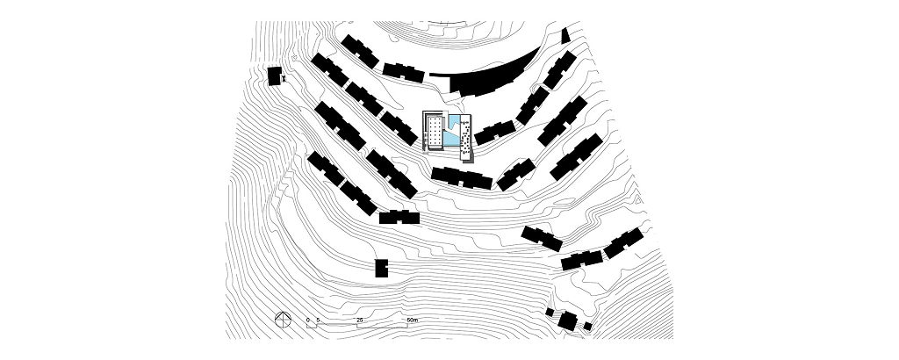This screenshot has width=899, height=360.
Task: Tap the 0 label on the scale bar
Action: click(x=307, y=320)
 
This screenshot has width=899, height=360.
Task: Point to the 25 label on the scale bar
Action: click(x=360, y=320)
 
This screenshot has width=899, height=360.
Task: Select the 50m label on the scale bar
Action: click(x=413, y=320)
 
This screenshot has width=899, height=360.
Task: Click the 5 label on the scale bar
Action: click(x=318, y=320)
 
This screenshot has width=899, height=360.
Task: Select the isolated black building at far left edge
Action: click(x=275, y=76)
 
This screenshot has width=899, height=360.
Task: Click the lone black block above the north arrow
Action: click(x=381, y=268)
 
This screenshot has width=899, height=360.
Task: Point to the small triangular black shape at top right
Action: click(x=565, y=35)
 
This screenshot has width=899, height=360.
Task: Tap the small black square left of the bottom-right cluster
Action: click(x=550, y=312)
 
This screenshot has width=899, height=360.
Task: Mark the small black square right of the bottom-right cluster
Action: click(x=586, y=326)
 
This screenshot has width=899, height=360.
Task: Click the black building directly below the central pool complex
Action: click(x=462, y=178)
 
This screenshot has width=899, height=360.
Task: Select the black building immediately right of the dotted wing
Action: click(x=493, y=132)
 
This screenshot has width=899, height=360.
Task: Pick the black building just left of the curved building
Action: click(x=403, y=70)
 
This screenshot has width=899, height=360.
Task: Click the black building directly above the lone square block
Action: click(x=399, y=216)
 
